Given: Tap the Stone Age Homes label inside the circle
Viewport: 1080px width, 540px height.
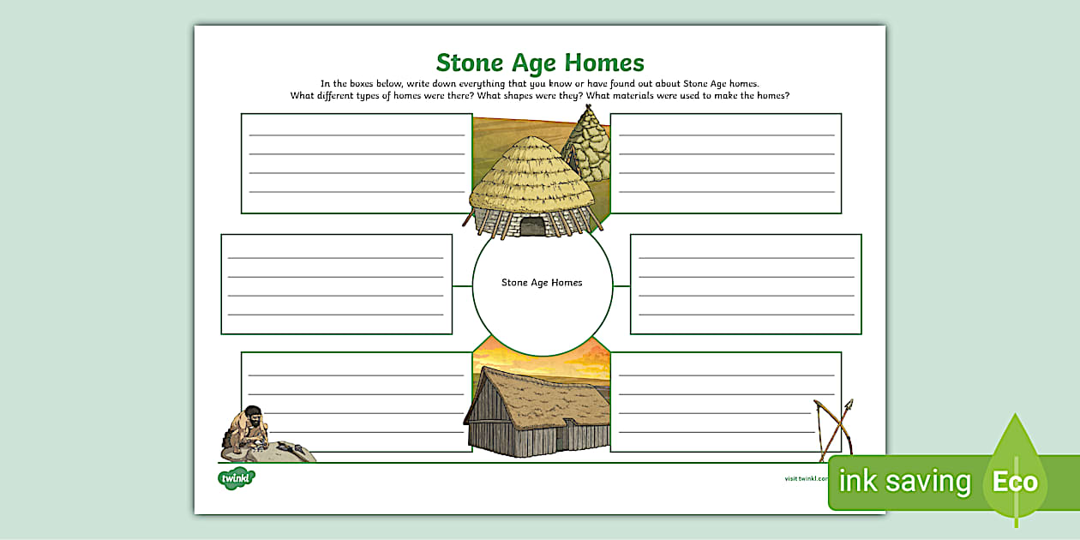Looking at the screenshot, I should coord(542,282).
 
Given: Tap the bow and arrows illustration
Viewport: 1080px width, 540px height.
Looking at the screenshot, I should coord(834,428).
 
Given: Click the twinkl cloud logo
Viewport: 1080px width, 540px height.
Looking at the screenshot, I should coord(236,477).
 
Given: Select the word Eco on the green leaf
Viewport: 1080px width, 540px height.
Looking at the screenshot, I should coord(1015,482).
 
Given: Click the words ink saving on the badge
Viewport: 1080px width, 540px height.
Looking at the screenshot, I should coord(904,482).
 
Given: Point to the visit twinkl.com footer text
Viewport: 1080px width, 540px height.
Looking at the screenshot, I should coord(806,478).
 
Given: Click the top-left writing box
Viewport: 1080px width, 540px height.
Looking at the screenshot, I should coord(357,163).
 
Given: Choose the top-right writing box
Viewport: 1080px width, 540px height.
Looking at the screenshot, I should coord(725,163).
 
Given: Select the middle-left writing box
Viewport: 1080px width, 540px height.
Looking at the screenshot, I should coord(336,284).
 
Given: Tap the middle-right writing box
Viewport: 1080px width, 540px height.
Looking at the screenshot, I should coord(746,284).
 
